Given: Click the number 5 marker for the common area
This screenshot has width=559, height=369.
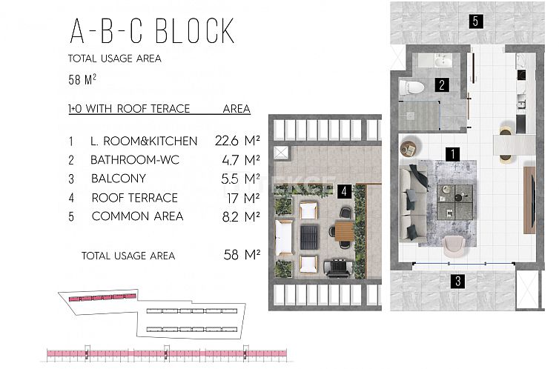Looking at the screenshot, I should [x=475, y=21].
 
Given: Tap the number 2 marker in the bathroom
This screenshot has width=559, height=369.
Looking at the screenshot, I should [x=441, y=85].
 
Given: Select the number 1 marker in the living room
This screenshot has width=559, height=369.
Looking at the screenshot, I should [x=450, y=154].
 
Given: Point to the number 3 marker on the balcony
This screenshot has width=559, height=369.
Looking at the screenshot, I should [x=458, y=280].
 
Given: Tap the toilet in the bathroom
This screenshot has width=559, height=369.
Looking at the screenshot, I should [x=411, y=88].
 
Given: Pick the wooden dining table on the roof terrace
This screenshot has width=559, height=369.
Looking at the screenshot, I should [x=345, y=234].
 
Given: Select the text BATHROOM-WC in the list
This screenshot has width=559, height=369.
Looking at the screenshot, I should [x=135, y=159].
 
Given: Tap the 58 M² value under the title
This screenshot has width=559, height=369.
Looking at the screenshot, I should [x=83, y=77].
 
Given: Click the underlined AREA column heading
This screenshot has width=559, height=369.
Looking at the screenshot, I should [x=236, y=109].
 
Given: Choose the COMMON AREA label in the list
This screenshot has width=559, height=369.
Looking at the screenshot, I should [x=137, y=217].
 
